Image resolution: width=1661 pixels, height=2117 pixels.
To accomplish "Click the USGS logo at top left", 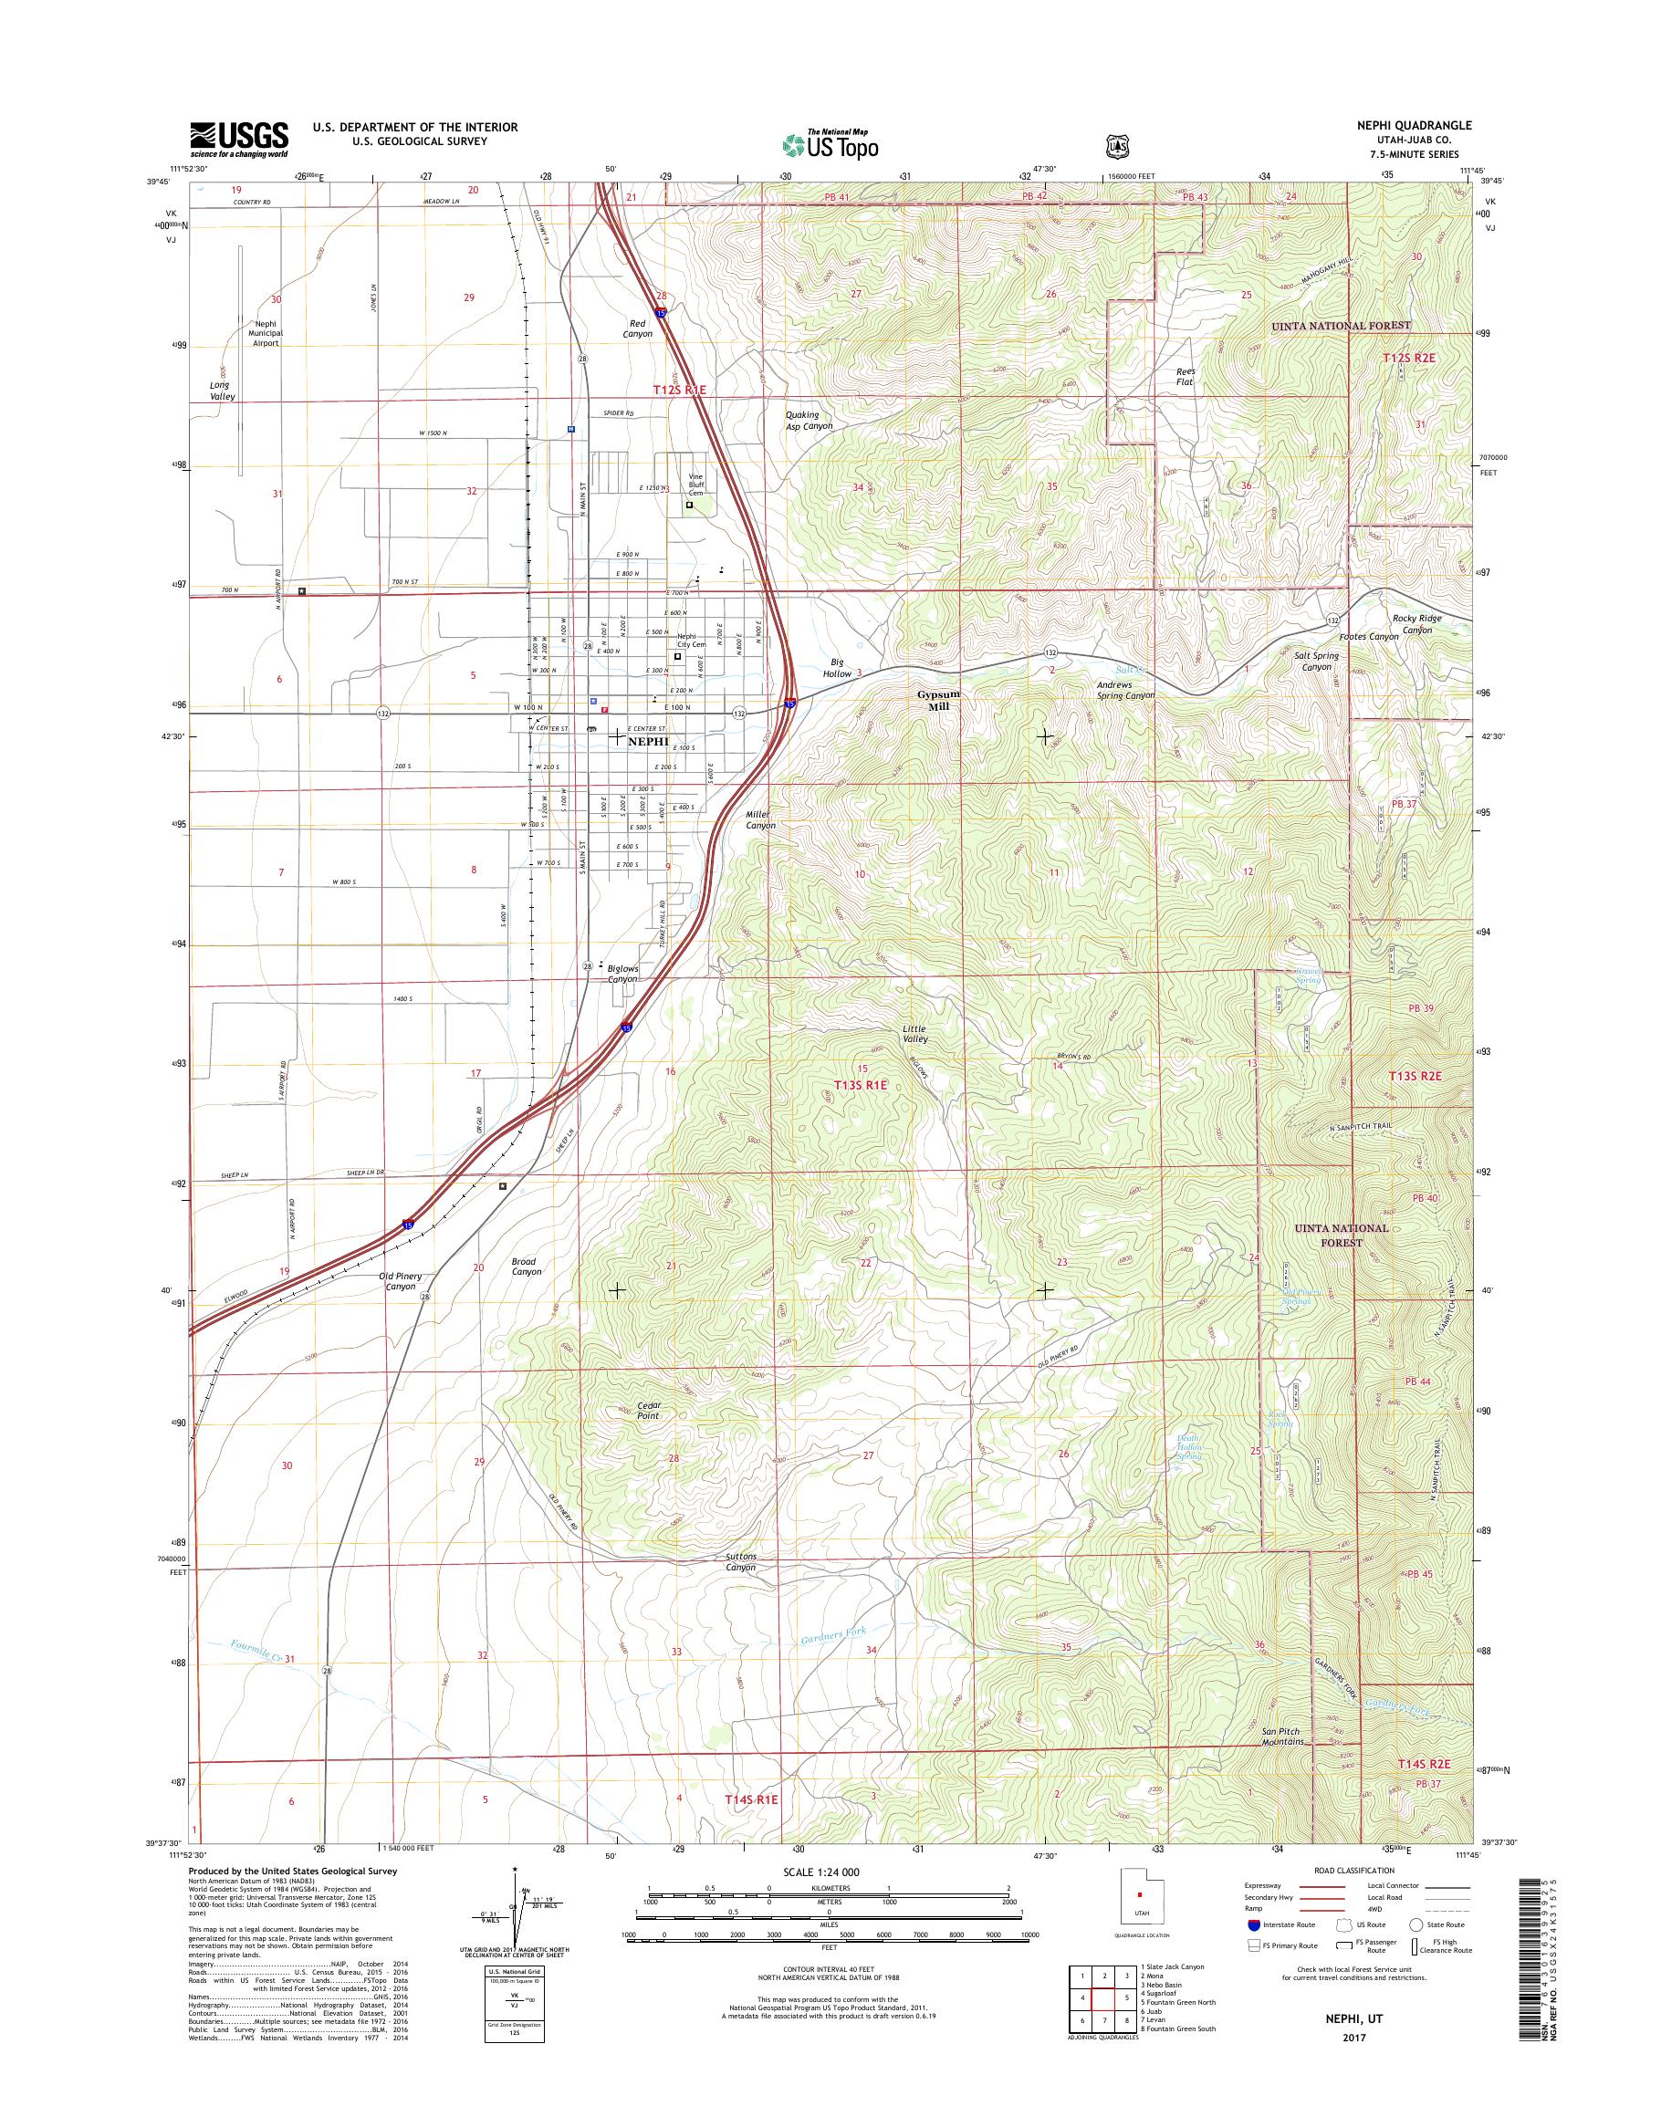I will pos(238,139).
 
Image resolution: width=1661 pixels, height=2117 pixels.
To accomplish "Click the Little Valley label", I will pos(914,1034).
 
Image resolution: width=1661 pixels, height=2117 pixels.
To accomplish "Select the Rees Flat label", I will pos(1185,376).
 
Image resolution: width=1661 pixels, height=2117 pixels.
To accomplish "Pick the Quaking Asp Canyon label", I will pos(810,420).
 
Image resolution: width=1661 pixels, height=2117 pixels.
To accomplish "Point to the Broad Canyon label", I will pos(526,1267).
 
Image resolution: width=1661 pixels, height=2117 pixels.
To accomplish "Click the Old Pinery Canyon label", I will pos(400,1281).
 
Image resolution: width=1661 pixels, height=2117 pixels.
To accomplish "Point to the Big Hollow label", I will pos(837,666).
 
